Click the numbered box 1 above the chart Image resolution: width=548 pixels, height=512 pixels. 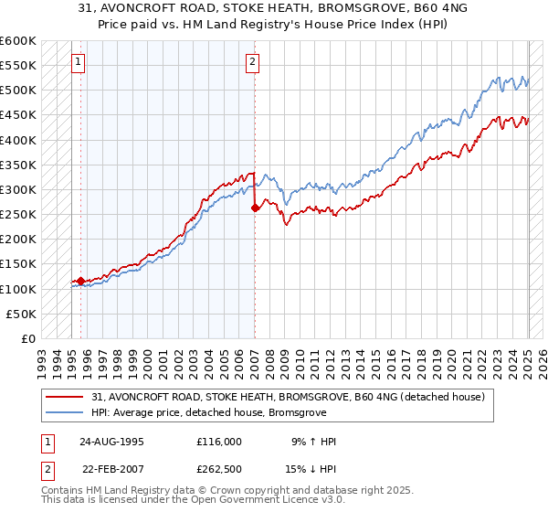pos(78,63)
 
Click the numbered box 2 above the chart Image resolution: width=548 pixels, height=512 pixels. pos(252,63)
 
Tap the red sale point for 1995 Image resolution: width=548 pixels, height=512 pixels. pos(80,282)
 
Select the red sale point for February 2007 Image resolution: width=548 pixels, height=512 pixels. pos(255,208)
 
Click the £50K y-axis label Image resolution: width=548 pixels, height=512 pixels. pos(22,314)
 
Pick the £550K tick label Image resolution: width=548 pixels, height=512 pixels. pos(18,66)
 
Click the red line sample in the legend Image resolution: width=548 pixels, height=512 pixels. pos(66,398)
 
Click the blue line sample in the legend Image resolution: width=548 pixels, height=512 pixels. pos(66,413)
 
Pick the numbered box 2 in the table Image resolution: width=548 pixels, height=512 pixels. pos(47,470)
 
